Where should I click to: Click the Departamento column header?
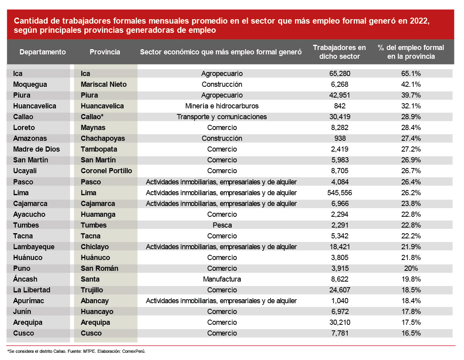pyautogui.click(x=42, y=52)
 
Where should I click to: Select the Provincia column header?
pyautogui.click(x=105, y=52)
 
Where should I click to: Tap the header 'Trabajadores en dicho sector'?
pyautogui.click(x=339, y=52)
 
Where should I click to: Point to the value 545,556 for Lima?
pyautogui.click(x=339, y=193)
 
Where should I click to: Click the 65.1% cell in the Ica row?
pyautogui.click(x=411, y=74)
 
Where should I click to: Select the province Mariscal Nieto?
pyautogui.click(x=104, y=84)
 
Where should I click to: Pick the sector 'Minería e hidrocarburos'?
pyautogui.click(x=222, y=106)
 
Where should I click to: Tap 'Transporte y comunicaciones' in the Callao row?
pyautogui.click(x=222, y=117)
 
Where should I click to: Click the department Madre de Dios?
pyautogui.click(x=36, y=149)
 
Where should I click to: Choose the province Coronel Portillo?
pyautogui.click(x=106, y=171)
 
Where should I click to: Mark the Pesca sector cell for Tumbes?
pyautogui.click(x=222, y=225)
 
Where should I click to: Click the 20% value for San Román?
pyautogui.click(x=411, y=268)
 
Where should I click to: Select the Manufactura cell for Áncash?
pyautogui.click(x=222, y=279)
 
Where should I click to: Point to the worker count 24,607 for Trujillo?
pyautogui.click(x=339, y=290)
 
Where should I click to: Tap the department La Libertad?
pyautogui.click(x=32, y=290)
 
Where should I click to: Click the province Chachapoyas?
pyautogui.click(x=103, y=138)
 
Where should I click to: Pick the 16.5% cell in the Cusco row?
pyautogui.click(x=411, y=333)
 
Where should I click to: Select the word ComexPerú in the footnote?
pyautogui.click(x=133, y=351)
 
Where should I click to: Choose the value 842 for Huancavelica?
pyautogui.click(x=339, y=106)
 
